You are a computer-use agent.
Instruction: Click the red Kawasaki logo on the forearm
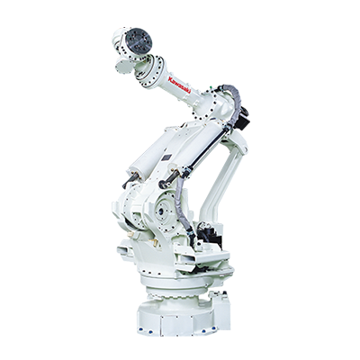pyautogui.click(x=180, y=84)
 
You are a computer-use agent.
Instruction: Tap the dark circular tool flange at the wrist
pyautogui.click(x=139, y=40)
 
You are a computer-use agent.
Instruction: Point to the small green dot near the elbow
pyautogui.click(x=211, y=87)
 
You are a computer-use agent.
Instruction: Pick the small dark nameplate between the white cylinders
pyautogui.click(x=166, y=157)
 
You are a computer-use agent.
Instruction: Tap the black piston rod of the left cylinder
pyautogui.click(x=130, y=181)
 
